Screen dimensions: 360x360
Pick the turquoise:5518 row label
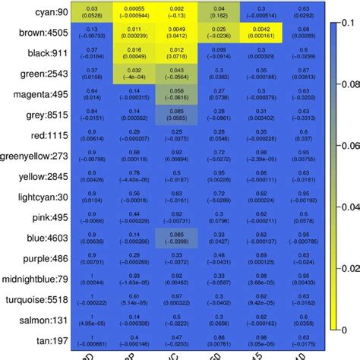38,298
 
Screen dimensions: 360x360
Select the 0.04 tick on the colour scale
349,208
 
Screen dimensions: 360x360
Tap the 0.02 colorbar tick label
349,268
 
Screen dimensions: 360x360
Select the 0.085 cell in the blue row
177,237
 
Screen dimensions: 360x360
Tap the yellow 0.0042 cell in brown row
262,32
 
